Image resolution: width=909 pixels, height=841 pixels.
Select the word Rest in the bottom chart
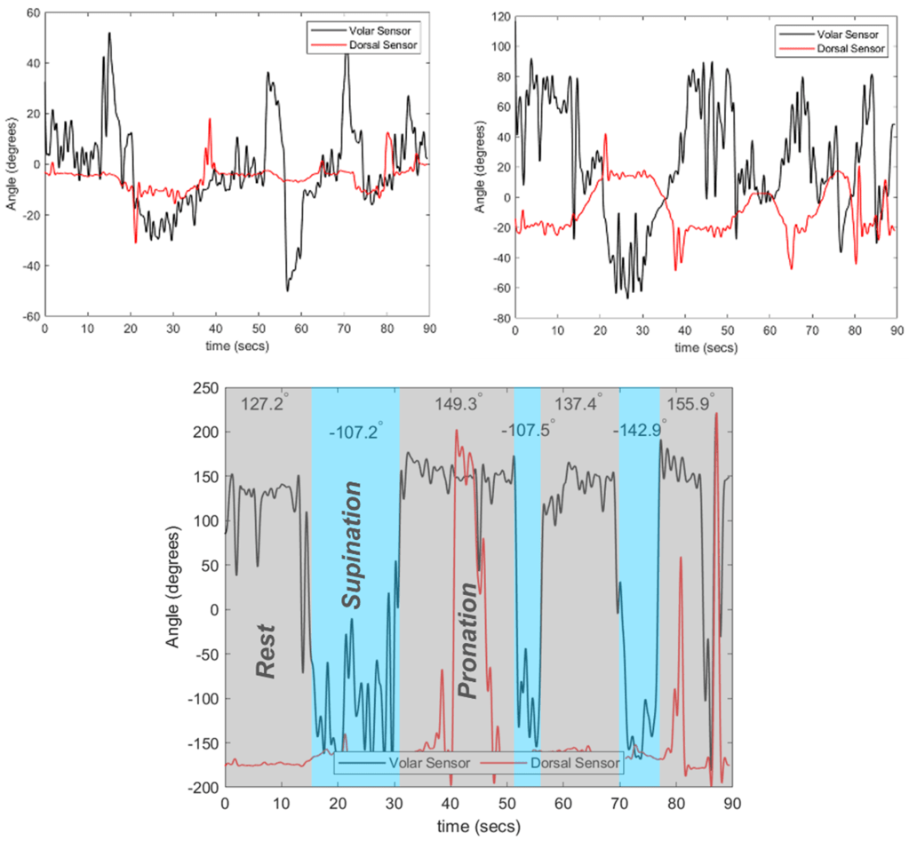(x=266, y=651)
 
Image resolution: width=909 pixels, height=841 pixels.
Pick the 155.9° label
(x=699, y=403)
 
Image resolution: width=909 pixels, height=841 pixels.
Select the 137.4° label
(x=578, y=403)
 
